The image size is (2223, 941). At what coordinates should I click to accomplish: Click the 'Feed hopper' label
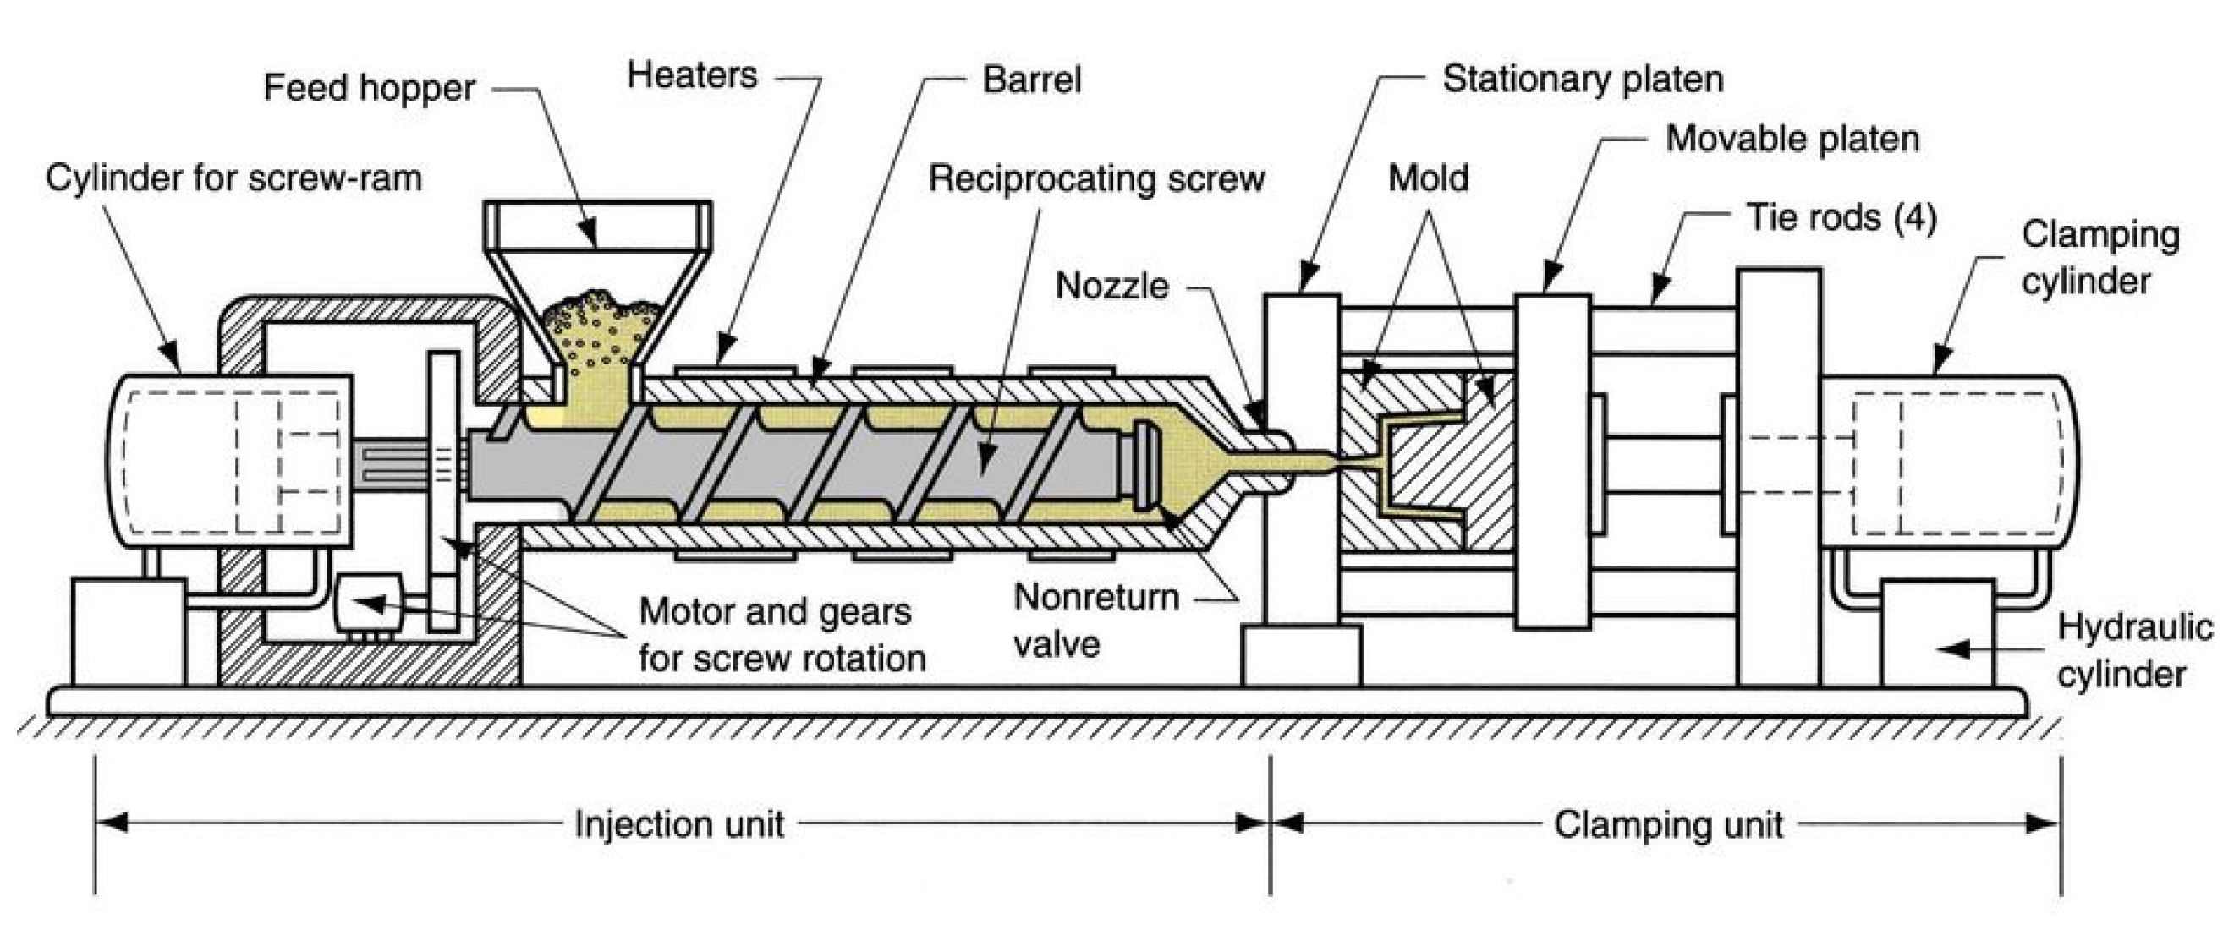(369, 89)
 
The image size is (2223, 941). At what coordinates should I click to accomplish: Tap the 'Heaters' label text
(692, 76)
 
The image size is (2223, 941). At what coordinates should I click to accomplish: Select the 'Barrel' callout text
(1031, 80)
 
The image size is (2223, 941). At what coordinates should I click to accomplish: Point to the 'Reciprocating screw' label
(1096, 179)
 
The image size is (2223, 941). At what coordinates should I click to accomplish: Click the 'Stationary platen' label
(1583, 79)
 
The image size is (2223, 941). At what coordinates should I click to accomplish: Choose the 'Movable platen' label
(1792, 139)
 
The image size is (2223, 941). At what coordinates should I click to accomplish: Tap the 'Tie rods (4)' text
(1841, 217)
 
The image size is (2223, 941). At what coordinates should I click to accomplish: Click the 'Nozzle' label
(1111, 287)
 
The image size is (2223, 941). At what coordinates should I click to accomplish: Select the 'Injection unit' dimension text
(679, 824)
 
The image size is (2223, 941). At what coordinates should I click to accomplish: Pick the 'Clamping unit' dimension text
(1668, 824)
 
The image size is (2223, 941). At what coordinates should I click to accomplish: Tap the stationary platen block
(1301, 457)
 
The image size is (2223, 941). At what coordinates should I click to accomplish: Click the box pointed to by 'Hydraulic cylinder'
(1938, 634)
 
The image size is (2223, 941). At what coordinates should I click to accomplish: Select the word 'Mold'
(1428, 179)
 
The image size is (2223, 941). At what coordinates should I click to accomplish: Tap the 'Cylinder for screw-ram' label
(233, 179)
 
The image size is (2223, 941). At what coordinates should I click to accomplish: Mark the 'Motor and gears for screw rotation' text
(781, 636)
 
